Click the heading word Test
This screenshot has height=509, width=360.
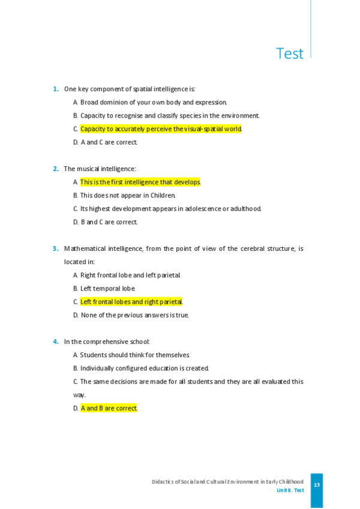(x=290, y=53)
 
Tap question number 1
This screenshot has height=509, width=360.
(x=56, y=89)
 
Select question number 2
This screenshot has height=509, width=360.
(x=56, y=169)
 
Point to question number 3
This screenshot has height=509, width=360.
(x=56, y=248)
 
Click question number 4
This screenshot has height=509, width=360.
(x=56, y=342)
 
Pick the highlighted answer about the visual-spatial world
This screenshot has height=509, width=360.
(x=160, y=129)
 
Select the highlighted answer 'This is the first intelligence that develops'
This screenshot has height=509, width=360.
(x=140, y=182)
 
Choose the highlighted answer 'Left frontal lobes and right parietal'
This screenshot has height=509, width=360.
(x=131, y=302)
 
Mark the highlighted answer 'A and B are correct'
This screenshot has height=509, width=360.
(x=109, y=408)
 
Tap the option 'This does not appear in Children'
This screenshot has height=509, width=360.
(x=127, y=195)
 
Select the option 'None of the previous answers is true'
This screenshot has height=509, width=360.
(x=134, y=315)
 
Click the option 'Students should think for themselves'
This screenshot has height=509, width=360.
(x=134, y=355)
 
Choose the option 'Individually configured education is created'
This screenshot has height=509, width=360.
(x=144, y=369)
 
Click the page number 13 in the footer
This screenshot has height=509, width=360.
(x=317, y=485)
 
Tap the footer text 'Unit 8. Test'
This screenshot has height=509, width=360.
(x=290, y=490)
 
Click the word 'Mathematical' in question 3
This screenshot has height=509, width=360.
(x=85, y=248)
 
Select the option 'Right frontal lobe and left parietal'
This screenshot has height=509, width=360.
(x=130, y=275)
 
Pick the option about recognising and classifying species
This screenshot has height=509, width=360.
(x=169, y=115)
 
